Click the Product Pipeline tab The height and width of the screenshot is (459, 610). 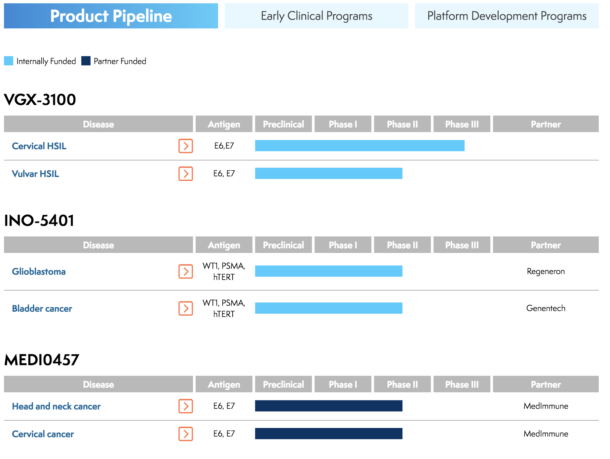click(111, 16)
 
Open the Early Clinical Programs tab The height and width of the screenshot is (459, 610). click(316, 16)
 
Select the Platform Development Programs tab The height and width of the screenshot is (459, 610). click(507, 16)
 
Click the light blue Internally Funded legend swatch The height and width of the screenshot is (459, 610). click(9, 61)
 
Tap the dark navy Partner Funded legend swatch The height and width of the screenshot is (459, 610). click(86, 61)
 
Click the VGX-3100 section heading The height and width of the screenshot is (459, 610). click(40, 99)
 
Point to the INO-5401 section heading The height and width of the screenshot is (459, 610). click(39, 220)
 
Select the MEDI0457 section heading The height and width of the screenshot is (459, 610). click(42, 360)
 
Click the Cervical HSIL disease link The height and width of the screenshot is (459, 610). click(39, 146)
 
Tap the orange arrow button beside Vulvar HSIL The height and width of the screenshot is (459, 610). click(186, 174)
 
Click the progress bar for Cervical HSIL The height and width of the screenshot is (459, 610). click(360, 146)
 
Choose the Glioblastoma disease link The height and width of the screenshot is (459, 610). click(39, 271)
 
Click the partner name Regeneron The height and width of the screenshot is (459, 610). click(546, 271)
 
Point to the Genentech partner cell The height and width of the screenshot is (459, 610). click(546, 308)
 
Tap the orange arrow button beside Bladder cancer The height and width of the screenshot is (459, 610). click(186, 308)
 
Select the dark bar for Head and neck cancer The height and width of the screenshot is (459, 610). click(328, 406)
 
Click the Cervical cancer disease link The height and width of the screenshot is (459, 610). click(43, 434)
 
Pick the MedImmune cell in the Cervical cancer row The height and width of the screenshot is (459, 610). click(546, 434)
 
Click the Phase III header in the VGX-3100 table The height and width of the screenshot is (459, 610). click(462, 124)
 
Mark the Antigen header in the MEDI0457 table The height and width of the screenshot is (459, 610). click(224, 384)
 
